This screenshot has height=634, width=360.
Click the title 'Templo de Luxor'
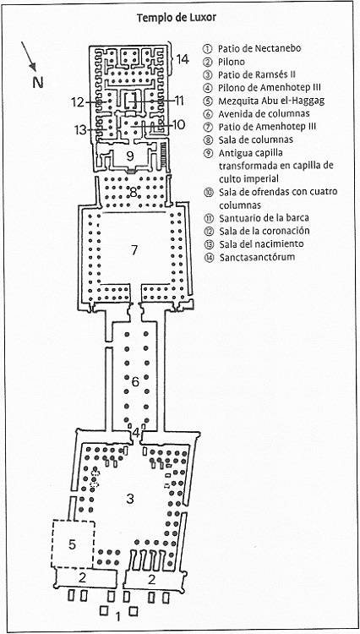177,18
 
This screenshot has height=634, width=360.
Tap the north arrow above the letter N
29,56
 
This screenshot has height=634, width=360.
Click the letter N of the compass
38,83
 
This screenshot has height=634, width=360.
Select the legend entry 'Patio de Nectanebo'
259,48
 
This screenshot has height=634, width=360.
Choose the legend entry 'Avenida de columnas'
264,113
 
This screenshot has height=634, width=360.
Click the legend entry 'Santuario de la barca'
265,218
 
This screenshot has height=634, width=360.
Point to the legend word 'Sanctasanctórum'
258,257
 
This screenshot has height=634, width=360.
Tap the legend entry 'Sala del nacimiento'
261,243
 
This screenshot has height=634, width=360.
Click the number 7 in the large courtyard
134,250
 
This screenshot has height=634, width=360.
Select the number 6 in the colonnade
135,381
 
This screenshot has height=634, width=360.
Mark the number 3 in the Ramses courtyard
129,499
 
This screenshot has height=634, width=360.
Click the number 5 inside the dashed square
72,544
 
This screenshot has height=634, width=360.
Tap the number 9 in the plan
129,156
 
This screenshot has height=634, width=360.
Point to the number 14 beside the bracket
183,59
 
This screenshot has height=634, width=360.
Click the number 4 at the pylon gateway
136,433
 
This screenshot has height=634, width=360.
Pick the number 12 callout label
78,102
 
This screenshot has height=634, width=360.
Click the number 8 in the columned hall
134,193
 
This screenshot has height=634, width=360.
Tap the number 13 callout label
80,130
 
